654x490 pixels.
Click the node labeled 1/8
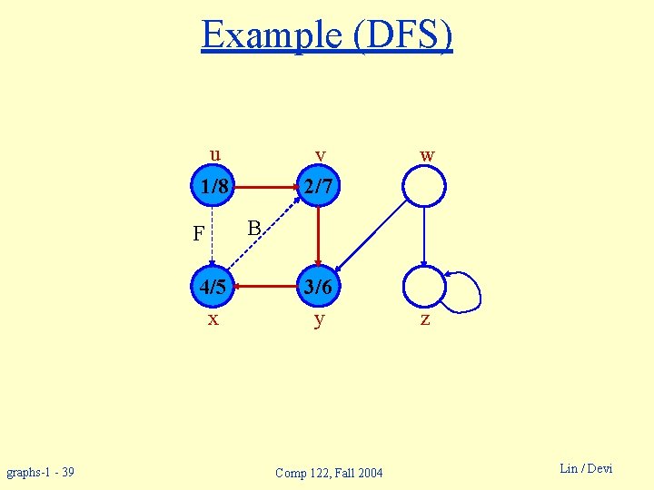point(213,188)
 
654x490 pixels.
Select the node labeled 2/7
point(319,188)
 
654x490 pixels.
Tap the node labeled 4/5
point(213,288)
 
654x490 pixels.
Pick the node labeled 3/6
point(319,288)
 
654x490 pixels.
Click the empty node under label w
point(424,188)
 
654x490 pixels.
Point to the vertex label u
point(214,153)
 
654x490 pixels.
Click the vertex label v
point(320,155)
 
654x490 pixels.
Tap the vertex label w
point(427,155)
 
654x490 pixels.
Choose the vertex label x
point(213,319)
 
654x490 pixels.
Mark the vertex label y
point(319,320)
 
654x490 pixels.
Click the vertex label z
point(424,319)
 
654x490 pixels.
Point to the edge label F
point(198,234)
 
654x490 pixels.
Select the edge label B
point(254,227)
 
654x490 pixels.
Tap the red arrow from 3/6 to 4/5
point(266,288)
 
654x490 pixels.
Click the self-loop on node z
point(468,289)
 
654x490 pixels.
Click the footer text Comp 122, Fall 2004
point(329,472)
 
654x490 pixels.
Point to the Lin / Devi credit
point(586,468)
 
